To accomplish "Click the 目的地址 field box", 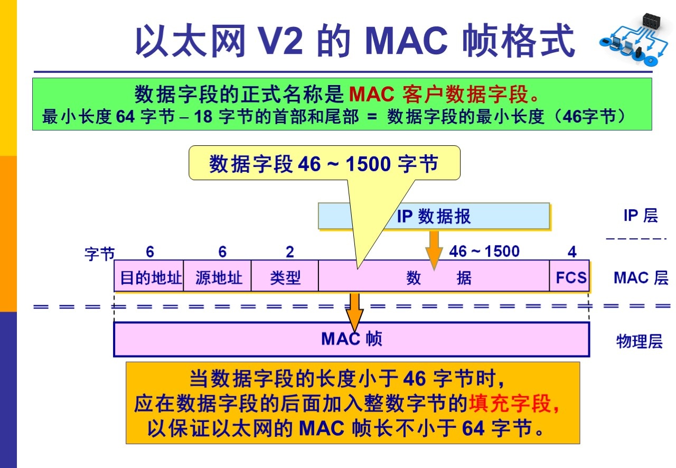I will point(149,276).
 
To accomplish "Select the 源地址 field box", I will point(218,276).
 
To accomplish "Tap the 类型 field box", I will point(285,276).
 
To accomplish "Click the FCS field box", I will point(570,276).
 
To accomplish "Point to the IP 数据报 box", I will point(434,216).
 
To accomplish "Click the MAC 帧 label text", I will point(351,339).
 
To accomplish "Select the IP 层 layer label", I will point(640,216).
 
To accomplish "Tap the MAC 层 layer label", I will point(641,277).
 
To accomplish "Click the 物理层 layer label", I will point(639,341).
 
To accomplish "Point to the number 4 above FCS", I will point(572,252).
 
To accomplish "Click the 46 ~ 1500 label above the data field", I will point(484,251).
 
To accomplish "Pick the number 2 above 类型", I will point(289,252).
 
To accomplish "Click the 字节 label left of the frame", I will point(99,254).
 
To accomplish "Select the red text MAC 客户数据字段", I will point(438,95).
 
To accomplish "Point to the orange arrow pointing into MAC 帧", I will point(354,312).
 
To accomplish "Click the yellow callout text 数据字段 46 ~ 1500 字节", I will point(323,164).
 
